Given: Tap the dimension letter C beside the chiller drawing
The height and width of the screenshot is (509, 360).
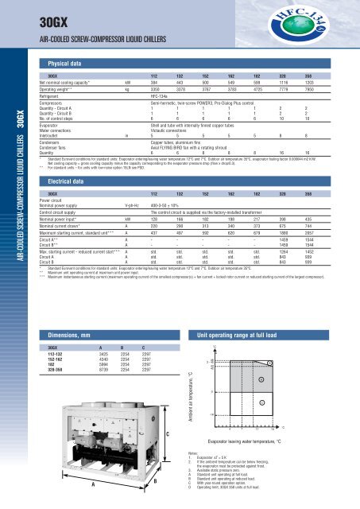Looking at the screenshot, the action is coord(168,433).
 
